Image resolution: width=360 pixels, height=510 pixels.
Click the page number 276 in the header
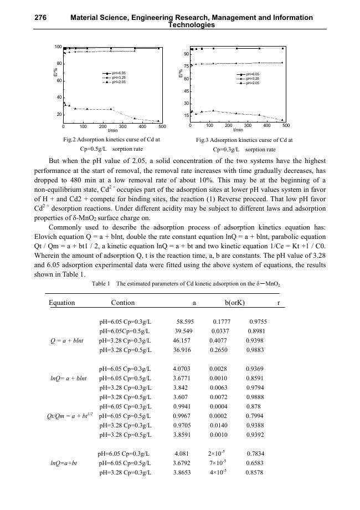40,18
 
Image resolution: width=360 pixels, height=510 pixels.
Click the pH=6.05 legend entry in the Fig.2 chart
119,73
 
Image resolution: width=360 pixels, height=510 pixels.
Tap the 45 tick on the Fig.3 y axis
186,91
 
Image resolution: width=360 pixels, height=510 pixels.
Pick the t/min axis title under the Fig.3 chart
238,130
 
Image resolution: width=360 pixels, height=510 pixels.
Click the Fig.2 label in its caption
72,140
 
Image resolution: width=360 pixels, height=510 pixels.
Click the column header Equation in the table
61,303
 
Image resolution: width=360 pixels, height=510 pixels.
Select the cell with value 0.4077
218,340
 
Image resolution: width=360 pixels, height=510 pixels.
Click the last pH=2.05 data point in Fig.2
158,121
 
